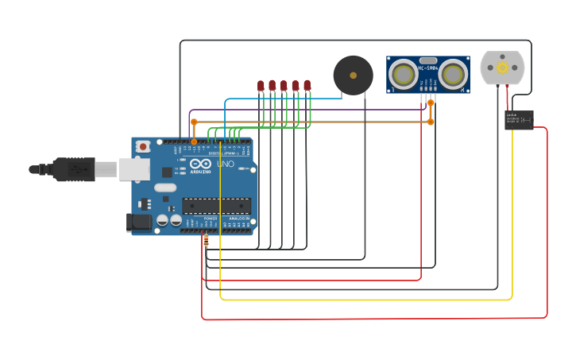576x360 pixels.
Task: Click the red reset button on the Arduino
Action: (143, 146)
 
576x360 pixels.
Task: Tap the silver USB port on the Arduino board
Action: (134, 168)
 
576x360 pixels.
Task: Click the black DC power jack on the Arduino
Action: (139, 223)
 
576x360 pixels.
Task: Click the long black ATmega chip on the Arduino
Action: (216, 206)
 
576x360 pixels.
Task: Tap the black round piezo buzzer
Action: (353, 75)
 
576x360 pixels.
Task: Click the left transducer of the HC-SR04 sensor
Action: (403, 75)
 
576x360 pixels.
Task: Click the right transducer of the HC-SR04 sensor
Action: (453, 75)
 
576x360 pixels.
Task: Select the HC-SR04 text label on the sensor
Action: (428, 69)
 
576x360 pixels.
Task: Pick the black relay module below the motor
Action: (519, 119)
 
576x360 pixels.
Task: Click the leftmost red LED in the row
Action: (261, 86)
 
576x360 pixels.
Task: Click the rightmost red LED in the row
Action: (307, 85)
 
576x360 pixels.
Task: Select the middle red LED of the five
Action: (284, 85)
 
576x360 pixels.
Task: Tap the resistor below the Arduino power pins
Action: (207, 240)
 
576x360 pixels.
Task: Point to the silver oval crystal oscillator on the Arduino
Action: (164, 188)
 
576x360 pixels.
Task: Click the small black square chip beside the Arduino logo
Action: (167, 172)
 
